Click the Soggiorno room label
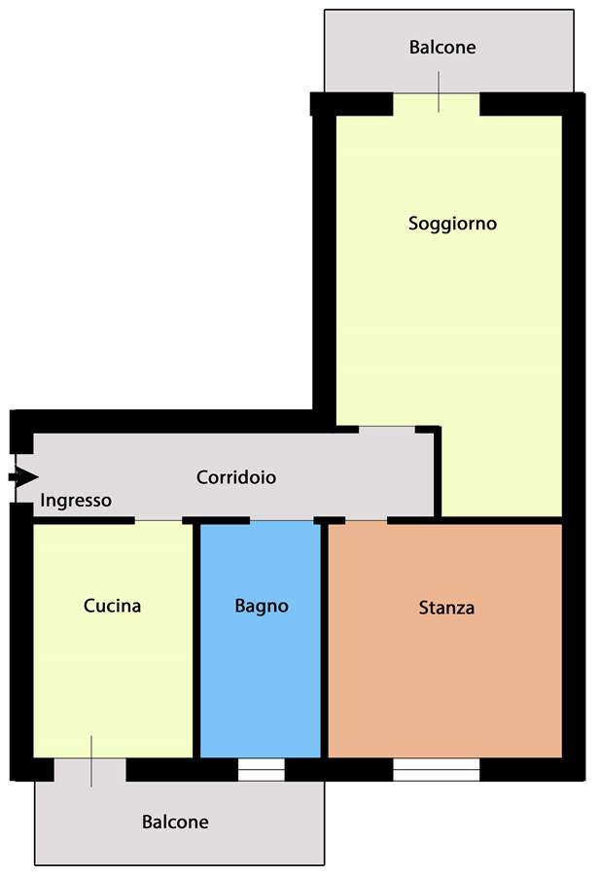coord(452,224)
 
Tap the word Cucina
coord(112,606)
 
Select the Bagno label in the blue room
coord(262,607)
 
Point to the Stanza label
coord(446,607)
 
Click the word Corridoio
coord(236,477)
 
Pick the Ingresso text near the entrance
coord(76,501)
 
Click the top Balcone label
coord(442,47)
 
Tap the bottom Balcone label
coord(175,822)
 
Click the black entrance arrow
coord(23,477)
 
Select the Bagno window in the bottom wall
coord(262,770)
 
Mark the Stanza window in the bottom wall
coord(436,770)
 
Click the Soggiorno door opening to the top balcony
coord(437,104)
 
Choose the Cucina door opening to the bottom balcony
coord(89,770)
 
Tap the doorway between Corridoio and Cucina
coord(159,521)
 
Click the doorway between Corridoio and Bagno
coord(281,521)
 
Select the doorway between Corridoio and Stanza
coord(367,521)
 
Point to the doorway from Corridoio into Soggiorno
coord(387,430)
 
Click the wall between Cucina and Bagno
coord(196,640)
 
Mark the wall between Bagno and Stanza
coord(325,640)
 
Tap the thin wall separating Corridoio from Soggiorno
coord(439,472)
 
